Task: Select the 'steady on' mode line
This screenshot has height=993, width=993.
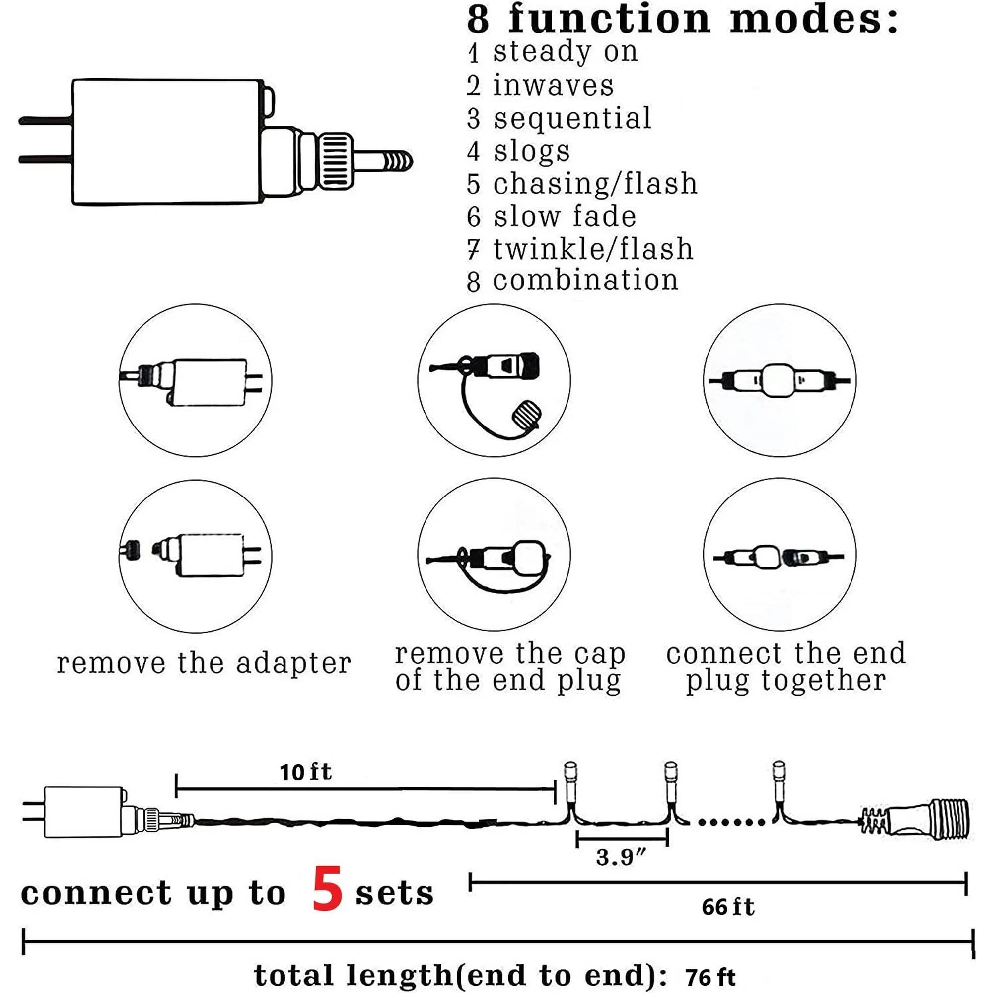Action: click(565, 52)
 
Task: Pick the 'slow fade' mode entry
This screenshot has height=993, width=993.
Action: click(565, 216)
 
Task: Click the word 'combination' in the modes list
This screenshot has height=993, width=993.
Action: click(585, 281)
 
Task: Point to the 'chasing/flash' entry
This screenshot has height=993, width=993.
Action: click(595, 184)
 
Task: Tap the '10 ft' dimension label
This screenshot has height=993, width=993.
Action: click(305, 773)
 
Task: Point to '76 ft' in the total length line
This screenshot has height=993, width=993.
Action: click(710, 976)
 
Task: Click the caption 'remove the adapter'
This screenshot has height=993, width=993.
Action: click(204, 663)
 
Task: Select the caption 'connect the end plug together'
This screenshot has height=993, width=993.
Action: click(786, 667)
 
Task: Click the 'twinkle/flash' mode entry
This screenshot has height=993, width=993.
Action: click(592, 249)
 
